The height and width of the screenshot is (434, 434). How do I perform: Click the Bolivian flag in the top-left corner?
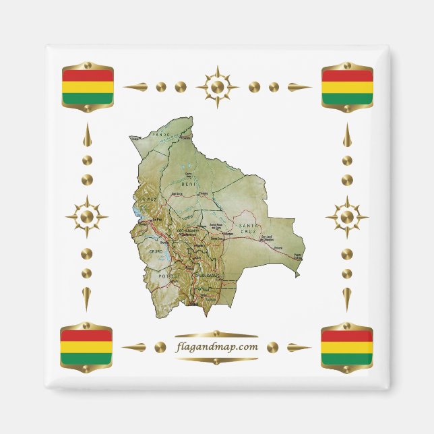coord(88,87)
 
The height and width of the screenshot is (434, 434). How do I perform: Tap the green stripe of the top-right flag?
coord(347,98)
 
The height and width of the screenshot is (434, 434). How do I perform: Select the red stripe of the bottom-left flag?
coord(86,336)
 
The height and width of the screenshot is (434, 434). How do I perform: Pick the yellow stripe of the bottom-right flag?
coord(347,348)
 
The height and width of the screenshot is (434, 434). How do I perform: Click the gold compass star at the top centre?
coord(217,87)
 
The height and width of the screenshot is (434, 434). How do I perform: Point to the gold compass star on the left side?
coord(86,217)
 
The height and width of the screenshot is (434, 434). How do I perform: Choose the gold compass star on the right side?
coord(347,217)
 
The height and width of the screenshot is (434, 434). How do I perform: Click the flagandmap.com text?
coord(216,347)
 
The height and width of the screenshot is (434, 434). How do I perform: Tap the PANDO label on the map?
coord(162,135)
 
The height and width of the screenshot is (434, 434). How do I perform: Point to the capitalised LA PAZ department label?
coord(150,200)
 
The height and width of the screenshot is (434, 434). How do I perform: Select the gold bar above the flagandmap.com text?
coord(216,334)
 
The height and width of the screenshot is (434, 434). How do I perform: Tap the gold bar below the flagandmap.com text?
coord(216,360)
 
